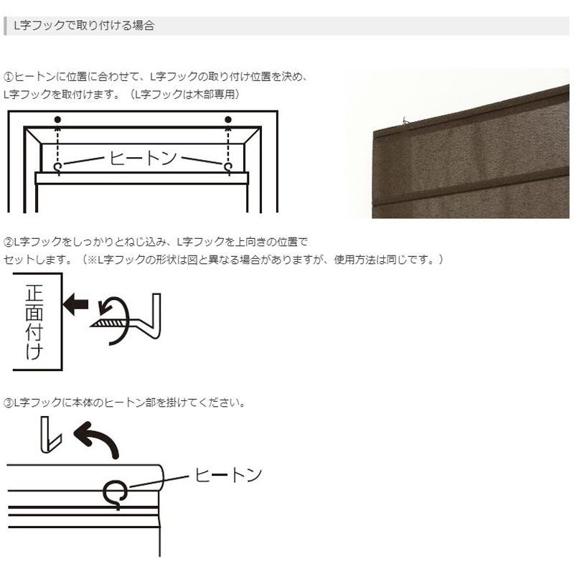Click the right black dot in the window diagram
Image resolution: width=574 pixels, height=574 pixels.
(x=228, y=119)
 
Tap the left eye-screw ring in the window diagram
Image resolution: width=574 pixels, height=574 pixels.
(x=57, y=166)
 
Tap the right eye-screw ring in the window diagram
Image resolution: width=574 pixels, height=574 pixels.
(x=228, y=166)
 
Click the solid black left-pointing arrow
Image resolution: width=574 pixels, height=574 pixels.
(x=75, y=304)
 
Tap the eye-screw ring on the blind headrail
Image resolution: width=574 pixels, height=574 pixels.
(x=116, y=492)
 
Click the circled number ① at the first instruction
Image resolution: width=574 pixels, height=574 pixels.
(x=9, y=76)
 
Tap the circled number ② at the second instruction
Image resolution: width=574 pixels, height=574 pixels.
(x=9, y=242)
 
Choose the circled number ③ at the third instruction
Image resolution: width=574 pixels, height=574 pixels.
(x=9, y=403)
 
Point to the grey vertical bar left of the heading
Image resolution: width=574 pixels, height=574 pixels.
(x=6, y=26)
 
